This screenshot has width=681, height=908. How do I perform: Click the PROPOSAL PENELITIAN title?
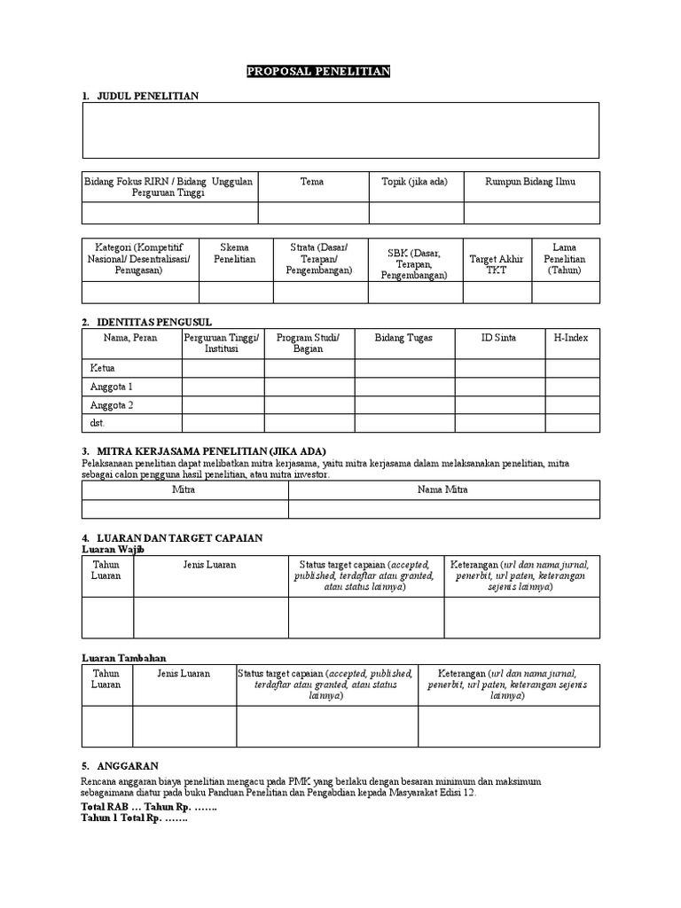(318, 72)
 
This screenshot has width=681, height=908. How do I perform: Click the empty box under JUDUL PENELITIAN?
(340, 130)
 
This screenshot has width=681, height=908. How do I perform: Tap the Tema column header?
(312, 182)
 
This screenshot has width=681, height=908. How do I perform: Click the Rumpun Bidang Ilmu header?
(530, 182)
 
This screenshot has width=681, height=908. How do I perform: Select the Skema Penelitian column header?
(235, 253)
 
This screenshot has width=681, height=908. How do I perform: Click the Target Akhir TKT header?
(496, 264)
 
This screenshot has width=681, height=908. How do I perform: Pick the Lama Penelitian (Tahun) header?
(565, 258)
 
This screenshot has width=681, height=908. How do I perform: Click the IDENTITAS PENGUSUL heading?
(153, 322)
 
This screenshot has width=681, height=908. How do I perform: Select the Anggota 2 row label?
(112, 405)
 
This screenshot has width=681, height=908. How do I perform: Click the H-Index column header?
(570, 338)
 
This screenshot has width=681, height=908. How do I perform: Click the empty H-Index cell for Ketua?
(570, 368)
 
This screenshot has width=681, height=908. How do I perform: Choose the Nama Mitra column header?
(443, 489)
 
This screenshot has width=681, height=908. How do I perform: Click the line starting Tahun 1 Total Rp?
(135, 818)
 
